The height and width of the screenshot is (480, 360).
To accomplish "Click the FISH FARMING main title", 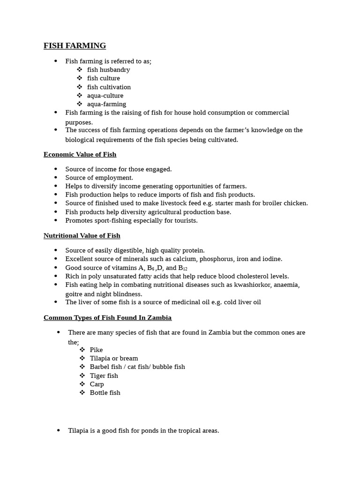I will (x=75, y=45).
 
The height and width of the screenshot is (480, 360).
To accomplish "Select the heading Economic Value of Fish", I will (x=80, y=154).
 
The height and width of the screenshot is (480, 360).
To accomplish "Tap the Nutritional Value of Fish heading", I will (x=82, y=235).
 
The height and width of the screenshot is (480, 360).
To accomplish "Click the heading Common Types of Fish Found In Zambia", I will (x=107, y=317).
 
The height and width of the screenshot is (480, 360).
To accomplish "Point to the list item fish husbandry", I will (x=108, y=69).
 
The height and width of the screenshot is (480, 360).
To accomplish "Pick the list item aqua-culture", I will (x=105, y=95).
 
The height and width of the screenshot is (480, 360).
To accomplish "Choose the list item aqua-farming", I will (x=106, y=104).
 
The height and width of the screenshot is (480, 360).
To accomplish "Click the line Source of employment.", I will (x=99, y=178).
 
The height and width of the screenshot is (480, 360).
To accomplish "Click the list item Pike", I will (x=96, y=350).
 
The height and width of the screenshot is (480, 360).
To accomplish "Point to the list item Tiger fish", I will (x=104, y=375).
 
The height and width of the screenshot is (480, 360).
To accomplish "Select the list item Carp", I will (x=97, y=384).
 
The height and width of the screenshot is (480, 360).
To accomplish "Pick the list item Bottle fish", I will (x=105, y=392).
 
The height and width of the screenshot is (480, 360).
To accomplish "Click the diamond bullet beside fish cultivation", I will (x=79, y=87).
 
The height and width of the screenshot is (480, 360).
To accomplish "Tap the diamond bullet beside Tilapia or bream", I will (x=82, y=358).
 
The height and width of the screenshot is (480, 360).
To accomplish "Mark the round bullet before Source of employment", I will (x=56, y=178).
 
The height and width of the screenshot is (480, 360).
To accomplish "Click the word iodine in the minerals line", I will (x=272, y=259).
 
